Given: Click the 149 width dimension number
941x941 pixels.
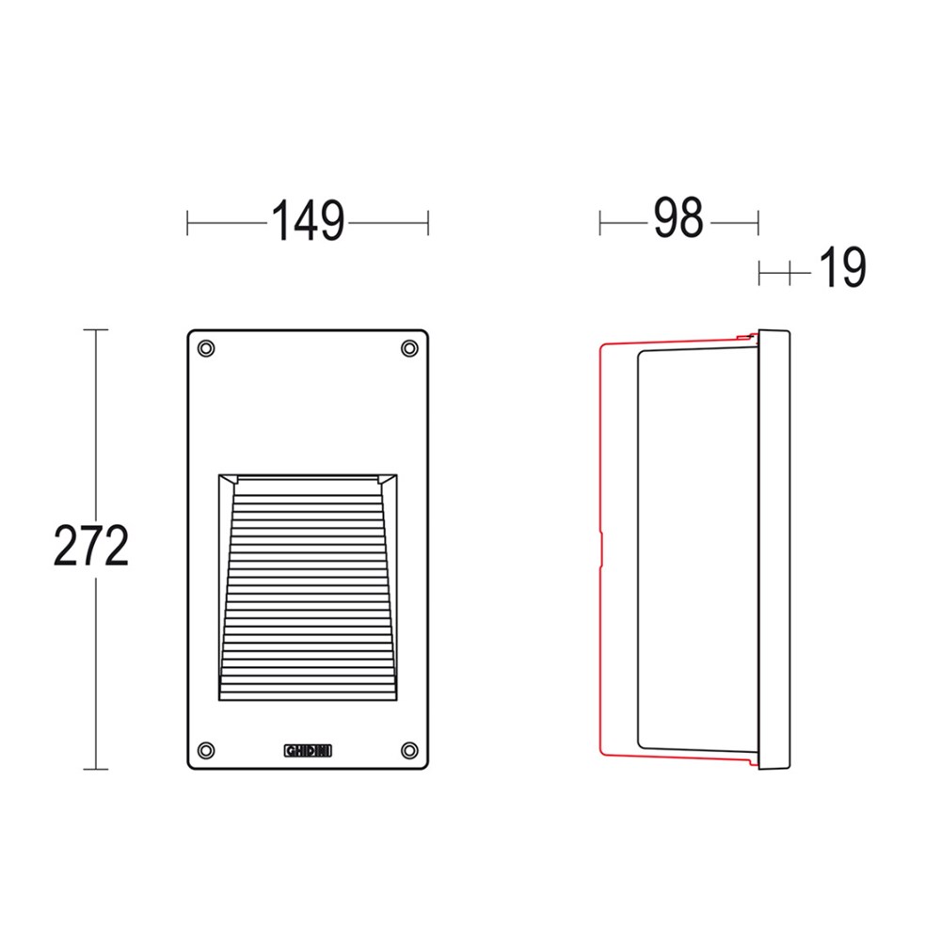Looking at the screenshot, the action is point(308,220).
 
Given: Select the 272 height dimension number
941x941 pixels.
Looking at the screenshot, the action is point(91,546).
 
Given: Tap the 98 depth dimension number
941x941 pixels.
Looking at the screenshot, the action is point(678,217).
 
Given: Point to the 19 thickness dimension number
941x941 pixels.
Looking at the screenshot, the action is point(842,267).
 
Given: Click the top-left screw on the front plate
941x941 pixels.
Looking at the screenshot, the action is point(206,348).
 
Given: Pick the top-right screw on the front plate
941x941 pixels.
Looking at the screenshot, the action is point(409,348).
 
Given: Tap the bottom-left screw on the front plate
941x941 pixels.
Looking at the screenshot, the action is point(206,750).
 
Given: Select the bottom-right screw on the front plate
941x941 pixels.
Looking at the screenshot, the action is point(409,750).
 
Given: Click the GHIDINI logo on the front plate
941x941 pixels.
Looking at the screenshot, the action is point(308,751).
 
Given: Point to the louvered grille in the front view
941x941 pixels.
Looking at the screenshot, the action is point(308,587).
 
